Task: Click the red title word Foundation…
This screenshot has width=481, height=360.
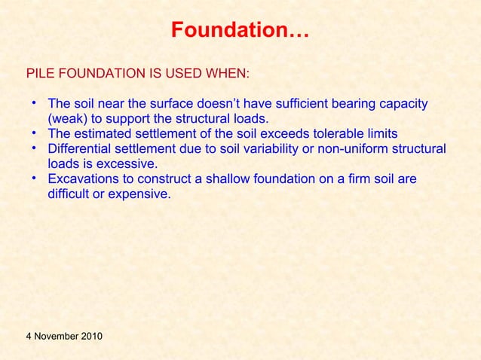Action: pos(240,32)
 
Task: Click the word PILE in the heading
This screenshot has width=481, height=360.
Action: pos(39,75)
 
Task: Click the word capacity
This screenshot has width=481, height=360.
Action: pos(403,104)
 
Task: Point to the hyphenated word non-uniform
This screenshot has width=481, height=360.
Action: pos(354,148)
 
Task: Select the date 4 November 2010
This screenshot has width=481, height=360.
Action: pos(65,335)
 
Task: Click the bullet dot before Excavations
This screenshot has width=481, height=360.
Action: pos(35,178)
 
